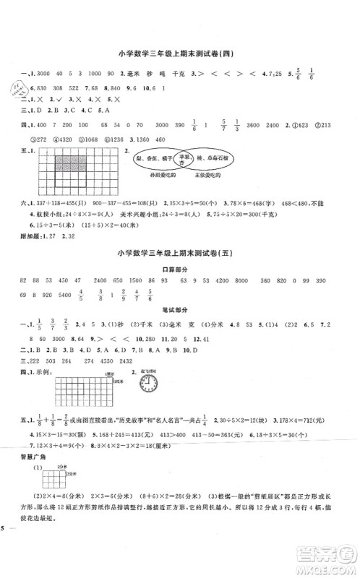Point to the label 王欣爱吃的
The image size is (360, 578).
228,176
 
